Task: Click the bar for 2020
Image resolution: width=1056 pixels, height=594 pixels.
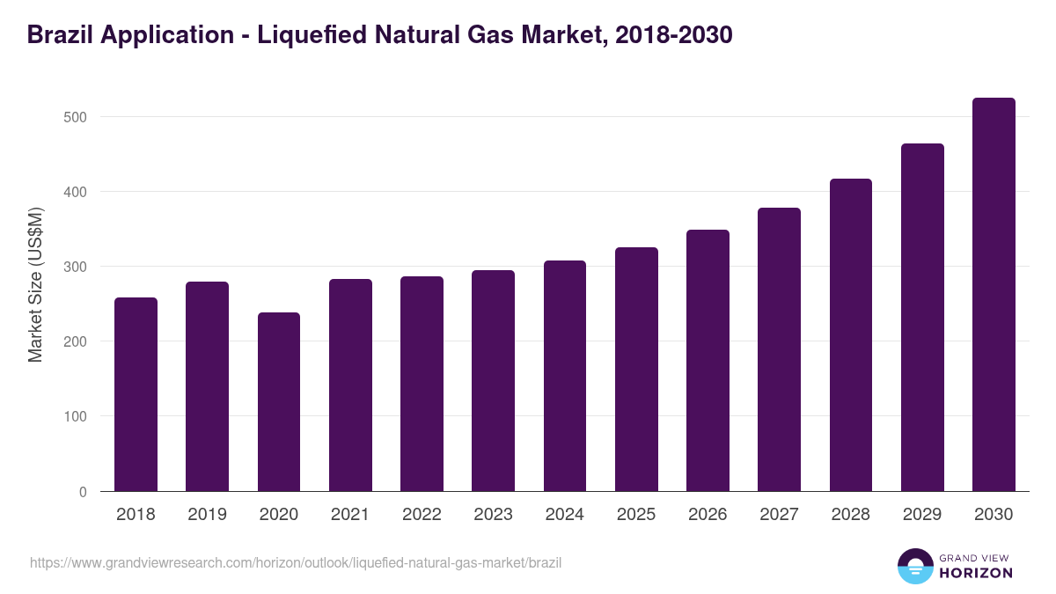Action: (x=279, y=402)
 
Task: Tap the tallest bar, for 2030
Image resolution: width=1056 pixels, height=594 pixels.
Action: (x=994, y=295)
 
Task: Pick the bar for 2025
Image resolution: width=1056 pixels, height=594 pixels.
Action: (x=636, y=370)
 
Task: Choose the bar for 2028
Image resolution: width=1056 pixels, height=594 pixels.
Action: (x=851, y=335)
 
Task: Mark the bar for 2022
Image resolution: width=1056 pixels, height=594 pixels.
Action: (x=422, y=384)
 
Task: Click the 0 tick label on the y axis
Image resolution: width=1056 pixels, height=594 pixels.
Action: (x=83, y=492)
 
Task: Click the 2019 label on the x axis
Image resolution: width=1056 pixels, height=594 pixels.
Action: (x=207, y=515)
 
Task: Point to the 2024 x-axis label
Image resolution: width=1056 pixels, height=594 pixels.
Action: (x=564, y=515)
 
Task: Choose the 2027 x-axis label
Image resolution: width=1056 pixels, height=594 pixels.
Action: (x=779, y=515)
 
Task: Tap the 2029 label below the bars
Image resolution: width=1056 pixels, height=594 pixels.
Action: (x=922, y=515)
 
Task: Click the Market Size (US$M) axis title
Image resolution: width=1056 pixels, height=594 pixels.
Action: (x=35, y=284)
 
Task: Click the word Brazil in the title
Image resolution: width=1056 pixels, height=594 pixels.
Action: (x=60, y=35)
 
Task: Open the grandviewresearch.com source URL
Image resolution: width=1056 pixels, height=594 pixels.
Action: (x=296, y=562)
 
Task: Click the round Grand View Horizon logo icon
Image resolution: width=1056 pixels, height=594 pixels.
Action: (x=914, y=566)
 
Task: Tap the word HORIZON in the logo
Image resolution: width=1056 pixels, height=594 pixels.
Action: (x=976, y=573)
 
